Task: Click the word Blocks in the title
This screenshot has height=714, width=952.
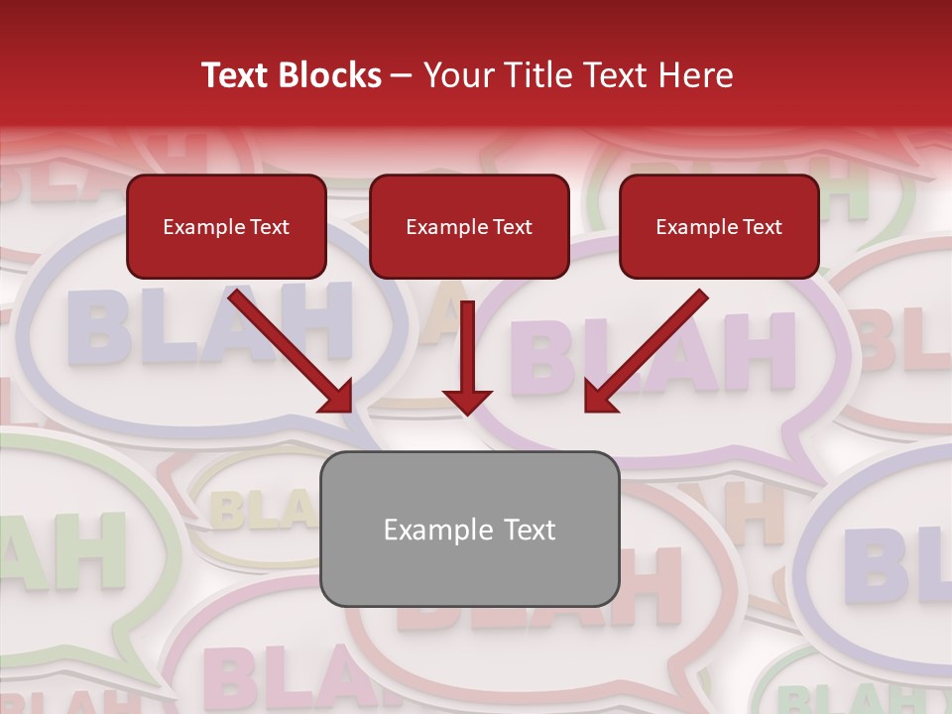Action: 331,75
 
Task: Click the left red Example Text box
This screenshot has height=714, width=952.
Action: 226,226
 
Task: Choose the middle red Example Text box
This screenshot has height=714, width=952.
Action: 469,226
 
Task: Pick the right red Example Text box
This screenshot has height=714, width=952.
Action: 719,226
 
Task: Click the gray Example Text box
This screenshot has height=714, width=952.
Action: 469,529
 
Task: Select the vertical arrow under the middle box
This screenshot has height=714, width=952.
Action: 467,357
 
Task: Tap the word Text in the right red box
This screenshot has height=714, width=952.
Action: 762,227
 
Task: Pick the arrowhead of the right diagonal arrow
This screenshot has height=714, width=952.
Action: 600,396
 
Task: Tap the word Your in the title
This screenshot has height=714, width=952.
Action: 457,75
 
